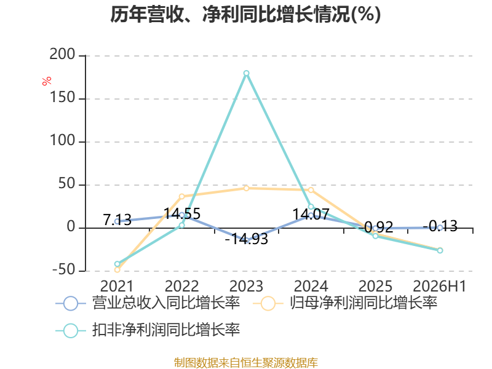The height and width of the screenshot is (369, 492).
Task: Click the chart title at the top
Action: point(245,14)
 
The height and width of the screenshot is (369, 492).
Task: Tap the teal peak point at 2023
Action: point(247,73)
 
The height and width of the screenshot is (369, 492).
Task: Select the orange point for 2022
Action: point(181,196)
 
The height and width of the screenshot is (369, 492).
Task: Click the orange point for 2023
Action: point(247,188)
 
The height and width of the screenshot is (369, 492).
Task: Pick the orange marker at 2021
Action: point(117,269)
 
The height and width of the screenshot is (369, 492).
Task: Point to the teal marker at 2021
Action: point(117,264)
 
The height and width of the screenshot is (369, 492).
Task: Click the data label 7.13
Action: point(117,220)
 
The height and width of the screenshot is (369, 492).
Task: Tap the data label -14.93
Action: point(247,239)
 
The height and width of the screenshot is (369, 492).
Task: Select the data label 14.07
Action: point(311,215)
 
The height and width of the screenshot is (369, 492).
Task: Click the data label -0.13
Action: point(440,226)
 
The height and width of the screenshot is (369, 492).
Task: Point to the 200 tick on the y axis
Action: point(62,54)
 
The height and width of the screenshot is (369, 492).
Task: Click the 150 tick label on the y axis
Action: point(62,97)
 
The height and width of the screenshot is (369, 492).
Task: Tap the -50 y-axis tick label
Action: point(64,269)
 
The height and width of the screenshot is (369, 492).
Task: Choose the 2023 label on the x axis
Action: point(247,286)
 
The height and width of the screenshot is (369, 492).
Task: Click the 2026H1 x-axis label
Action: point(440,286)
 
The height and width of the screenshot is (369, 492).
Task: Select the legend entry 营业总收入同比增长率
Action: point(148,303)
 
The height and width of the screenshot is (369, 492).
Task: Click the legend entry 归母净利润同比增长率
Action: point(345,303)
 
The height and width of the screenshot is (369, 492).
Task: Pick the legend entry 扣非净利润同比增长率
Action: point(148,330)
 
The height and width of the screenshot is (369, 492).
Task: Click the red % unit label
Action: point(47,81)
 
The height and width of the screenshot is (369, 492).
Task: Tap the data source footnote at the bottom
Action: point(246,363)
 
